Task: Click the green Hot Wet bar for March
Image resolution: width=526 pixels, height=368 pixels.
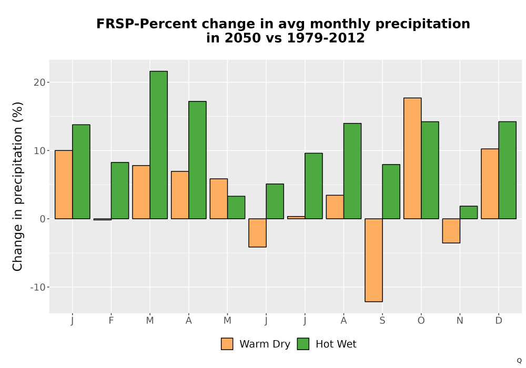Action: [x=159, y=145]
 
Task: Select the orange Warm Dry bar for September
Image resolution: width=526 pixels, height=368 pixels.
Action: [x=373, y=260]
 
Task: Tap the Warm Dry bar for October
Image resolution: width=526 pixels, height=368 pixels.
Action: [x=412, y=158]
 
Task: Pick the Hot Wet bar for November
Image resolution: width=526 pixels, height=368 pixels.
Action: [x=469, y=212]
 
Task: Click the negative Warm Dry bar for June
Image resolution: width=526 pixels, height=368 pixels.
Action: [x=257, y=233]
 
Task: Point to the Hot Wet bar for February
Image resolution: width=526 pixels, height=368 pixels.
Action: [x=120, y=191]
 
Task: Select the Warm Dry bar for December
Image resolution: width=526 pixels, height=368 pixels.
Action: [x=490, y=183]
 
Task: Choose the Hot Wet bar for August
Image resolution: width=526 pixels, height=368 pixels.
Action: [x=352, y=171]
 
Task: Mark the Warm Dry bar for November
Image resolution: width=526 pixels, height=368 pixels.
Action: [x=451, y=231]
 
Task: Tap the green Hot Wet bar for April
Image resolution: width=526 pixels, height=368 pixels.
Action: [x=197, y=160]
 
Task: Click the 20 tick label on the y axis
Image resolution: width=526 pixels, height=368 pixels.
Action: [x=39, y=83]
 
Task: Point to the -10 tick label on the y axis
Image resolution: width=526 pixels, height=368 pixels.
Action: [x=37, y=287]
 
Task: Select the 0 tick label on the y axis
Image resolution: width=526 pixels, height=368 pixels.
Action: [x=42, y=219]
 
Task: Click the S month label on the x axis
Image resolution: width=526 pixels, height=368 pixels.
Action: [x=382, y=321]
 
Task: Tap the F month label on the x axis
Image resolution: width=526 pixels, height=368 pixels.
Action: [x=111, y=321]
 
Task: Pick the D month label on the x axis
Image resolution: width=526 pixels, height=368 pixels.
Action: [x=499, y=321]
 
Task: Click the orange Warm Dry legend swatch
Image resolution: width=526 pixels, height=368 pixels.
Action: [x=227, y=344]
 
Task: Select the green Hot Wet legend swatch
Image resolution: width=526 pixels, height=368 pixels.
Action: [x=303, y=344]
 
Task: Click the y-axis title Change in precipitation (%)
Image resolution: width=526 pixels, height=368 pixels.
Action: [x=17, y=186]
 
